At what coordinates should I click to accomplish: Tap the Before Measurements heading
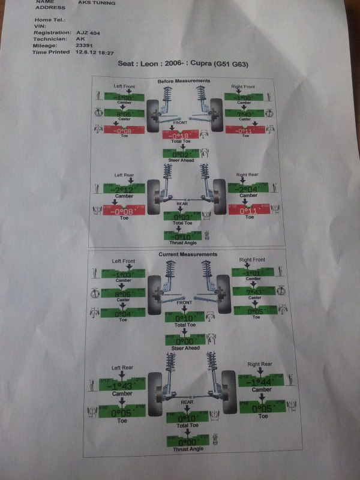pos(184,81)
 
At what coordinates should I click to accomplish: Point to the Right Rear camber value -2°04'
pos(244,189)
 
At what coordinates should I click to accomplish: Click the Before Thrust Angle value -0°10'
pos(182,236)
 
